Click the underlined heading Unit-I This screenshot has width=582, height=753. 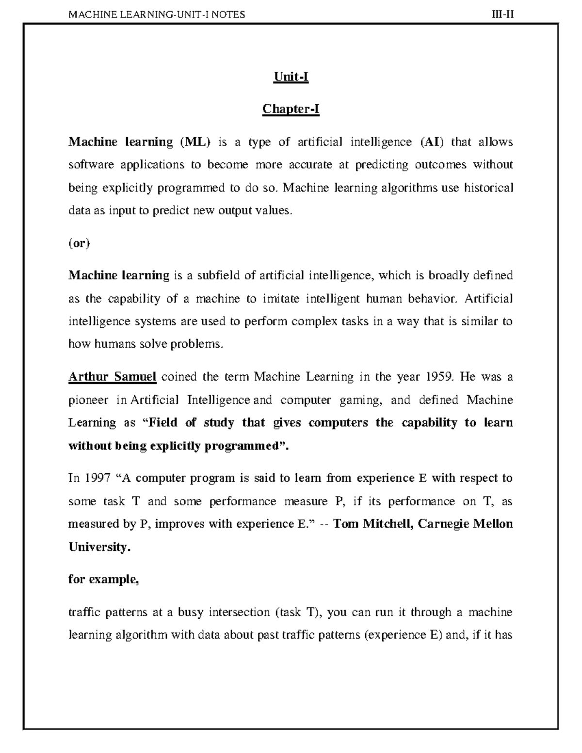(x=291, y=77)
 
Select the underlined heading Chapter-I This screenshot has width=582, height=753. (x=291, y=109)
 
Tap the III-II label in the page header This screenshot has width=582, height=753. (x=502, y=15)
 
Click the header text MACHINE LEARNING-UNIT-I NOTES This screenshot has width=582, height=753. (x=157, y=15)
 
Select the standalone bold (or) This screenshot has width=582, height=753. (x=79, y=243)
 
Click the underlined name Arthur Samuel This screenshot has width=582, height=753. (x=112, y=377)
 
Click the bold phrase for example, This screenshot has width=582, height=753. (x=104, y=579)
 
